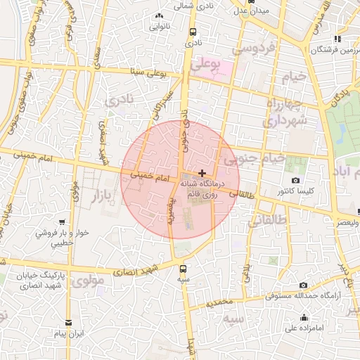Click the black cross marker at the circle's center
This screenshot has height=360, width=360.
tap(202, 172)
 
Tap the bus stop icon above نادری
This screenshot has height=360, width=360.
tap(193, 32)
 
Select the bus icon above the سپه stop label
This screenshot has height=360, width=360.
tap(184, 268)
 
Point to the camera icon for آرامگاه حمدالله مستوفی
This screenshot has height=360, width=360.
tap(303, 285)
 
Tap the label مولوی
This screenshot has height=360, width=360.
tap(89, 281)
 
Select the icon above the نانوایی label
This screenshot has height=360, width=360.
tap(159, 15)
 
